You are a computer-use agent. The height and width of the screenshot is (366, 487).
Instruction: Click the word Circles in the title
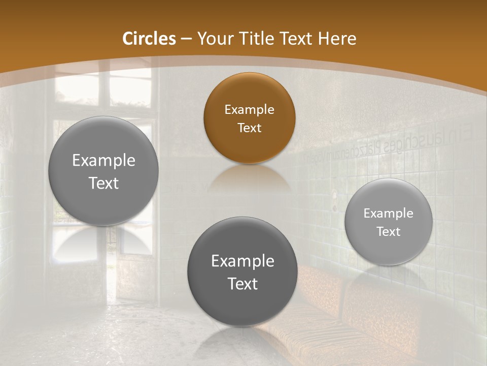(149, 39)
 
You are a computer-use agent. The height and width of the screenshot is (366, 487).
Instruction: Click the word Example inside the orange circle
(249, 109)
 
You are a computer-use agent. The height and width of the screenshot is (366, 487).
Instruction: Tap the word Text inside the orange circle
(249, 128)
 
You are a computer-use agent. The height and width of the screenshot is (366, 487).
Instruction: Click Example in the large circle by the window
(103, 161)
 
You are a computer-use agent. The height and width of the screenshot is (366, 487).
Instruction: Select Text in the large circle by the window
(103, 183)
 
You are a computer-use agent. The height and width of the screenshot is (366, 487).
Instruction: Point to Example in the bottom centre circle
(242, 261)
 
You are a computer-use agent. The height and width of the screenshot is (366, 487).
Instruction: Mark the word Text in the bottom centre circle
(242, 284)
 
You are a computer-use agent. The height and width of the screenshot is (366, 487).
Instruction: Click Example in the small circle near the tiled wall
(389, 213)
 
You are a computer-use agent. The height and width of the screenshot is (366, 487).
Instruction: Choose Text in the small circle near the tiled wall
(389, 231)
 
